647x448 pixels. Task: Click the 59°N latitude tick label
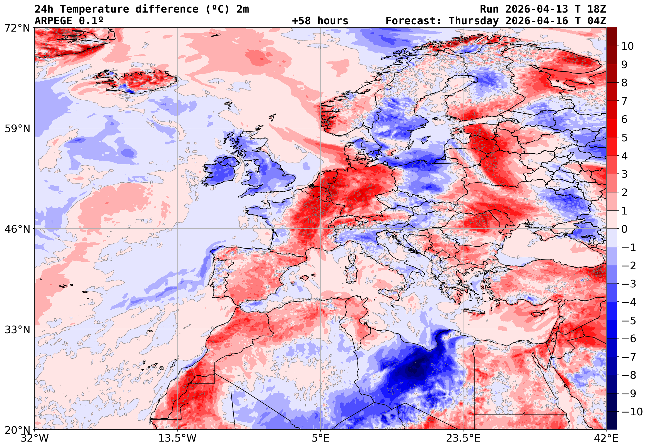tap(17, 128)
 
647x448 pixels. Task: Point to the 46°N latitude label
tap(17, 229)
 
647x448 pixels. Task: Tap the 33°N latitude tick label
tap(17, 329)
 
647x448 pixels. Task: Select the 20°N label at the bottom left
tap(17, 430)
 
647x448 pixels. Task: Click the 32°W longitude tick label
tap(35, 438)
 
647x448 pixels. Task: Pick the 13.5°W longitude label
tap(178, 438)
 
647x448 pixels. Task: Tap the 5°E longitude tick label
tap(320, 438)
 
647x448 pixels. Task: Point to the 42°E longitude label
tap(606, 438)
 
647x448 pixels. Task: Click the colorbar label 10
tap(628, 46)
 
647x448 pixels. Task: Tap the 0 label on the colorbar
tap(624, 229)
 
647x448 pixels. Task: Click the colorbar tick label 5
tap(624, 138)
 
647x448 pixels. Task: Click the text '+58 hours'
tap(320, 21)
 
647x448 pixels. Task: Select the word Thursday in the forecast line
tap(474, 21)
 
